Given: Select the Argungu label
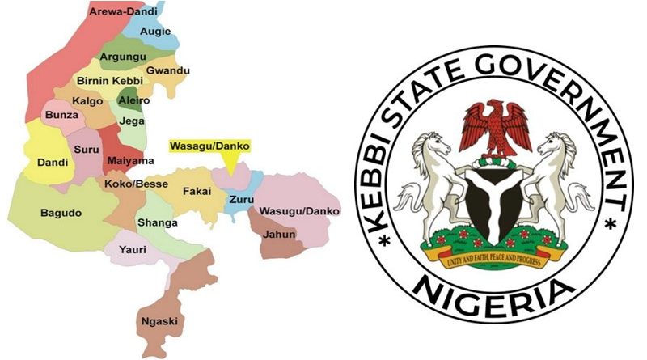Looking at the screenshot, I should [122, 59].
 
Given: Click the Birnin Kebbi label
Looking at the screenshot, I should [109, 83].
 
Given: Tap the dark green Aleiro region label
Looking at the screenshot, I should [134, 101].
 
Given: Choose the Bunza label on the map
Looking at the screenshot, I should [62, 116].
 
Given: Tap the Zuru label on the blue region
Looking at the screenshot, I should [241, 199].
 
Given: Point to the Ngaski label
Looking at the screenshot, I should [159, 321].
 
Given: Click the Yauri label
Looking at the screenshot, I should [133, 249].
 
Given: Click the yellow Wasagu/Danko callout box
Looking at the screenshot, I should [209, 146].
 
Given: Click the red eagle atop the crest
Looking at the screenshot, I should [495, 126].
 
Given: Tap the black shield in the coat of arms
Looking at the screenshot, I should [494, 202].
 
